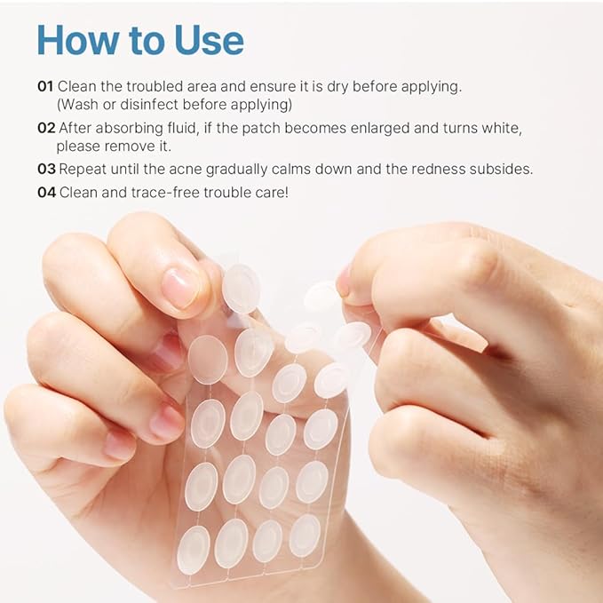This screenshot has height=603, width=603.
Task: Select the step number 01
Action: pos(45,86)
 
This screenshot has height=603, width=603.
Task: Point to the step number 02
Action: pos(46,128)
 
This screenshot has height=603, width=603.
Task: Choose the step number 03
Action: pos(46,169)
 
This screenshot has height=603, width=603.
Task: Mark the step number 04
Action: pos(46,192)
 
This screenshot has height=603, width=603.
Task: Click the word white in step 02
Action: pos(495,128)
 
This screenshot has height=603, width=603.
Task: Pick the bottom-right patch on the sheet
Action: pos(305,535)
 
